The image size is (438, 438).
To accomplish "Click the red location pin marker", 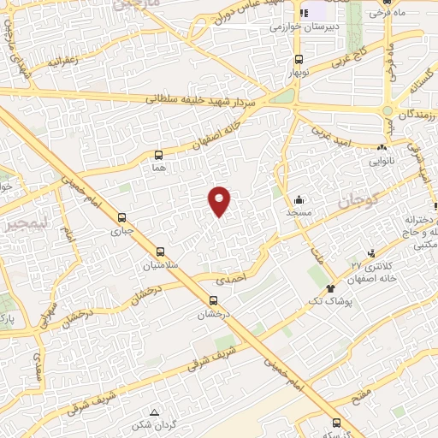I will click(220, 201).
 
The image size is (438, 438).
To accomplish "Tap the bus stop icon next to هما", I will click(157, 155).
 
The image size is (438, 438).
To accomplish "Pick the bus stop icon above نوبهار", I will click(299, 59).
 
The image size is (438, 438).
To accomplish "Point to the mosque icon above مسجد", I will click(298, 197).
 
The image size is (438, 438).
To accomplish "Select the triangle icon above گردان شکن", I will click(154, 411).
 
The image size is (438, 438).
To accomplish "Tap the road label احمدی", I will click(230, 279).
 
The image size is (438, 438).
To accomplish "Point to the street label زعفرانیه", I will click(65, 62).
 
